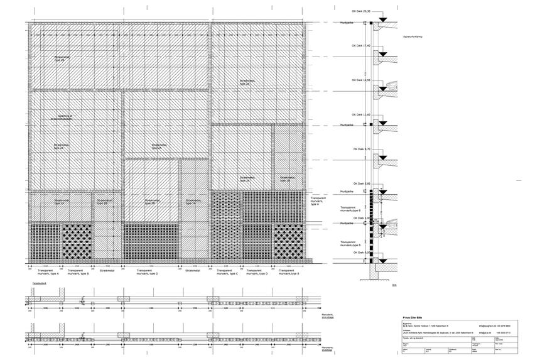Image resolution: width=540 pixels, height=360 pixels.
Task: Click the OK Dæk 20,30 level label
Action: click(x=360, y=11)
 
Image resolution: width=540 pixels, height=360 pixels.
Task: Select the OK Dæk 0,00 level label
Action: click(x=360, y=252)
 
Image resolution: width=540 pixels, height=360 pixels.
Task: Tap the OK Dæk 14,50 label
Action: click(x=360, y=80)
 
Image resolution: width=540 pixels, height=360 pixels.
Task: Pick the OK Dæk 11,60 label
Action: click(x=360, y=114)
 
